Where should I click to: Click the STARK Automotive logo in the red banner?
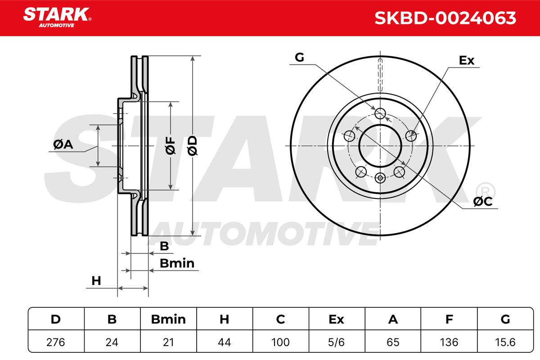pos(57,18)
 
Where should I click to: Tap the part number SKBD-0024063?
pos(445,18)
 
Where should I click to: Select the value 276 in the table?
pos(56,342)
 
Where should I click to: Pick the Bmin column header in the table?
pos(168,319)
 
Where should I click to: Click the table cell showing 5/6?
pos(336,342)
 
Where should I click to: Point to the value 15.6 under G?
pos(505,342)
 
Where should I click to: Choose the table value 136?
pos(449,342)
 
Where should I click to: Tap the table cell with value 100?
pos(280,342)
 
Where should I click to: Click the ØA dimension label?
pos(63,144)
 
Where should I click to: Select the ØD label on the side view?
pos(193,145)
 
